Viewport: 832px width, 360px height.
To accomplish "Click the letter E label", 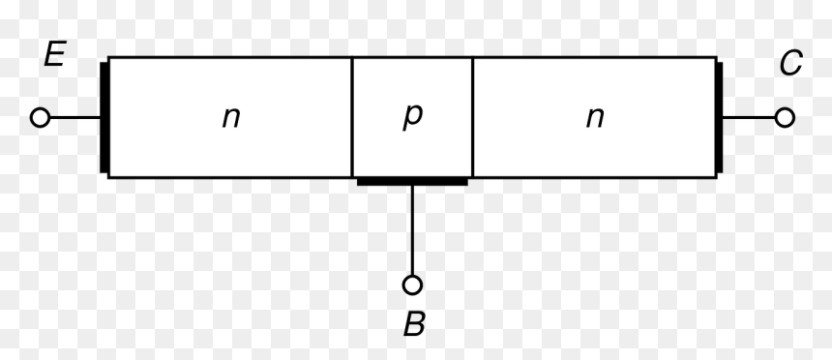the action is tap(54, 54).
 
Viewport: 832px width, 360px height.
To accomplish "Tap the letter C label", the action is tap(790, 63).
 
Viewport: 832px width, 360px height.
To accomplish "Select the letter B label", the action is tap(414, 324).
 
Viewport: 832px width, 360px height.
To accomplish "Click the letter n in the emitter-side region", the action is tap(231, 118).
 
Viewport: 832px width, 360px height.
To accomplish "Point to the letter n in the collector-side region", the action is tap(595, 118).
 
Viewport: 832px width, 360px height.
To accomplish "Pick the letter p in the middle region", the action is tap(412, 116).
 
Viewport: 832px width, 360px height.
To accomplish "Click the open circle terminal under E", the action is tap(40, 117).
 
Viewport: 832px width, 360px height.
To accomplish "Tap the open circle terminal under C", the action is tap(785, 117).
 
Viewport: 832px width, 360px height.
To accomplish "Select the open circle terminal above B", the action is tap(412, 285).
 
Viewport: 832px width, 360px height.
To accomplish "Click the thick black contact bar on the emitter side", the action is tap(104, 117).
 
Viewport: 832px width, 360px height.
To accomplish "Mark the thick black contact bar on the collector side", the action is tap(719, 117).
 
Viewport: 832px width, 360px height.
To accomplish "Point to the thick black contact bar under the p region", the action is tap(412, 182).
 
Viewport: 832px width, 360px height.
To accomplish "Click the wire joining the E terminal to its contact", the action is tap(74, 117).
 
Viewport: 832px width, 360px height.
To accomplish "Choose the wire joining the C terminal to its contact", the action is tap(749, 117).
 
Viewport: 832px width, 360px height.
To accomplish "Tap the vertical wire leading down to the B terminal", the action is tap(412, 230).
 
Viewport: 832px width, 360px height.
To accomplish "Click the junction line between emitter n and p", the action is tap(352, 117).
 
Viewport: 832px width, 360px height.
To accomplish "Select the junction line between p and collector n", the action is tap(473, 117).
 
